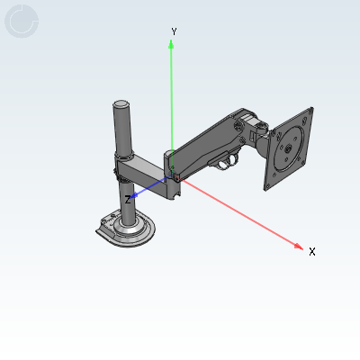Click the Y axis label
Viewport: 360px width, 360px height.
[x=174, y=31]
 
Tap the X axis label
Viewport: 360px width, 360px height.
[x=312, y=252]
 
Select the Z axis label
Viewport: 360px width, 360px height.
[x=128, y=200]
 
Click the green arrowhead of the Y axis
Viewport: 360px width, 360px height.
[x=171, y=44]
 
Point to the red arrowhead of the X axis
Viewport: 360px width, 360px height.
[x=299, y=247]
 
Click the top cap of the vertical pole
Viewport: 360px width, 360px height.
[x=121, y=104]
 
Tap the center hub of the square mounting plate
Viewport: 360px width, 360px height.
[x=288, y=148]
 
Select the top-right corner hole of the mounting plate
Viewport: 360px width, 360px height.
[x=310, y=113]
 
